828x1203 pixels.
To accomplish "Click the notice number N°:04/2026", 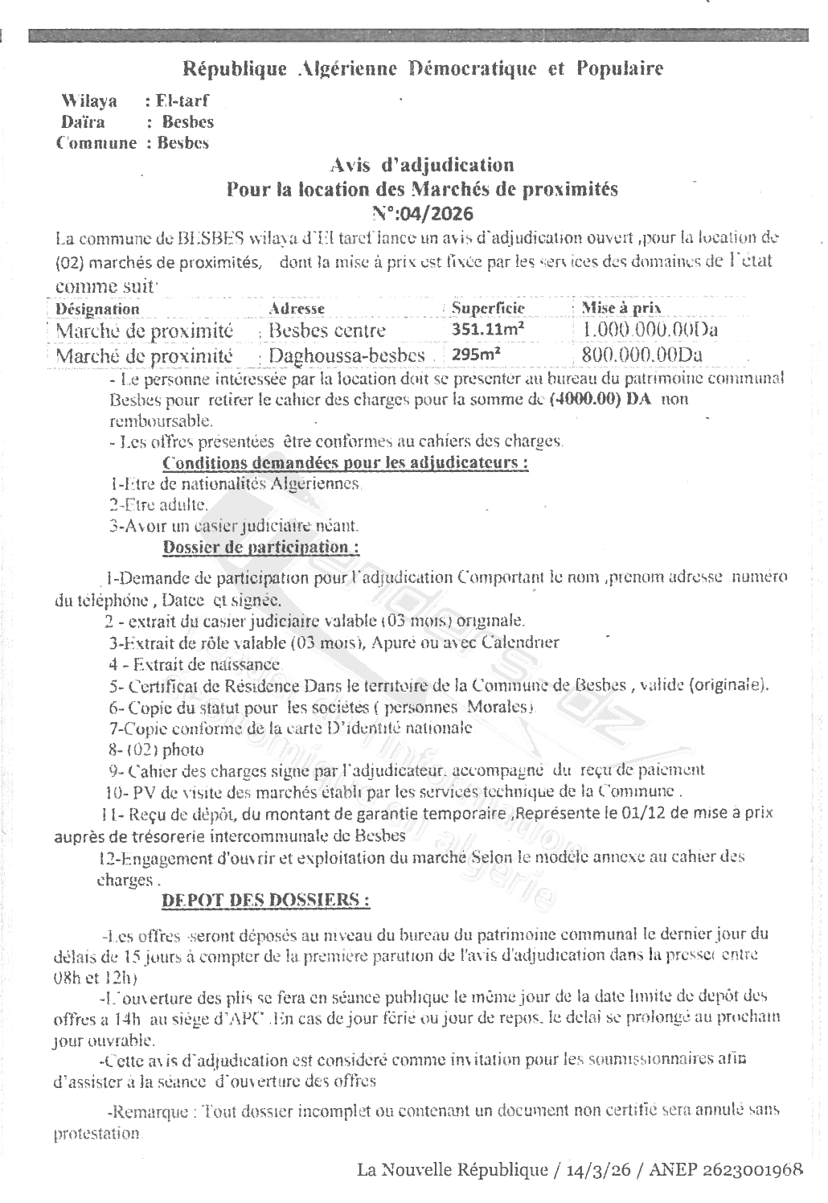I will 423,213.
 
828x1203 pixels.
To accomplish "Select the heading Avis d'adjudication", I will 422,165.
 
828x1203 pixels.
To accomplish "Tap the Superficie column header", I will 488,308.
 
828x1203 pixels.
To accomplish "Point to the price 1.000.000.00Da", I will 650,330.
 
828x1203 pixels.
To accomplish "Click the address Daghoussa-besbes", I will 346,355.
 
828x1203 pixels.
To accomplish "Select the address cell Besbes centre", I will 327,331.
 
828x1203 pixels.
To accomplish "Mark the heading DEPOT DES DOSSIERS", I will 266,901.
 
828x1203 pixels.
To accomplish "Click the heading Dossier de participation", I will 260,547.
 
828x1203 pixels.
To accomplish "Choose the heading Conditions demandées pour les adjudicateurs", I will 346,463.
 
